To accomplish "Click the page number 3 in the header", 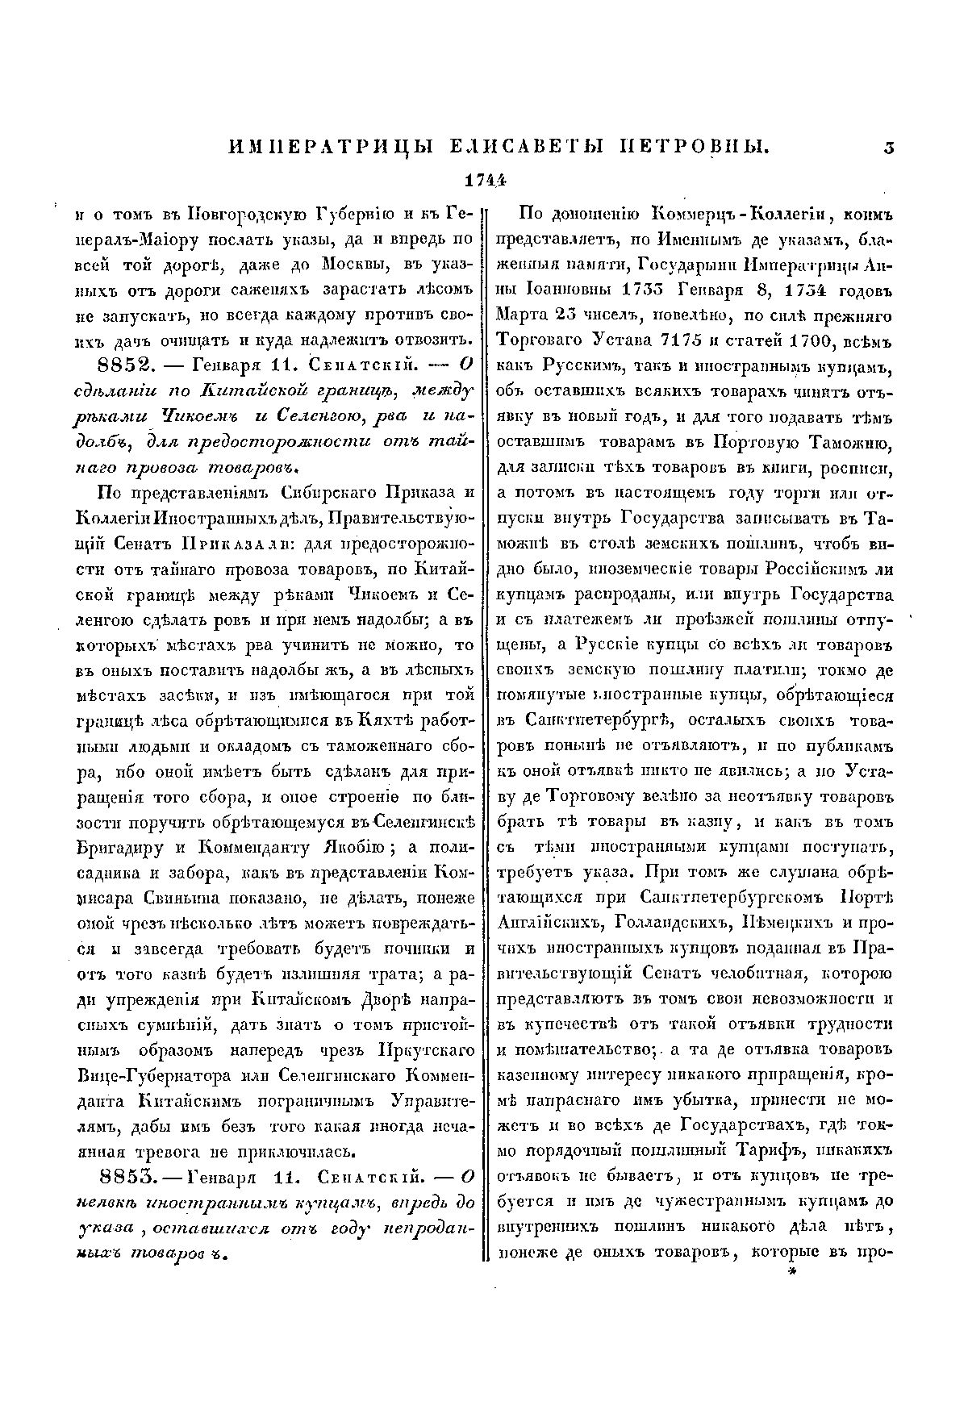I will [x=888, y=146].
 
